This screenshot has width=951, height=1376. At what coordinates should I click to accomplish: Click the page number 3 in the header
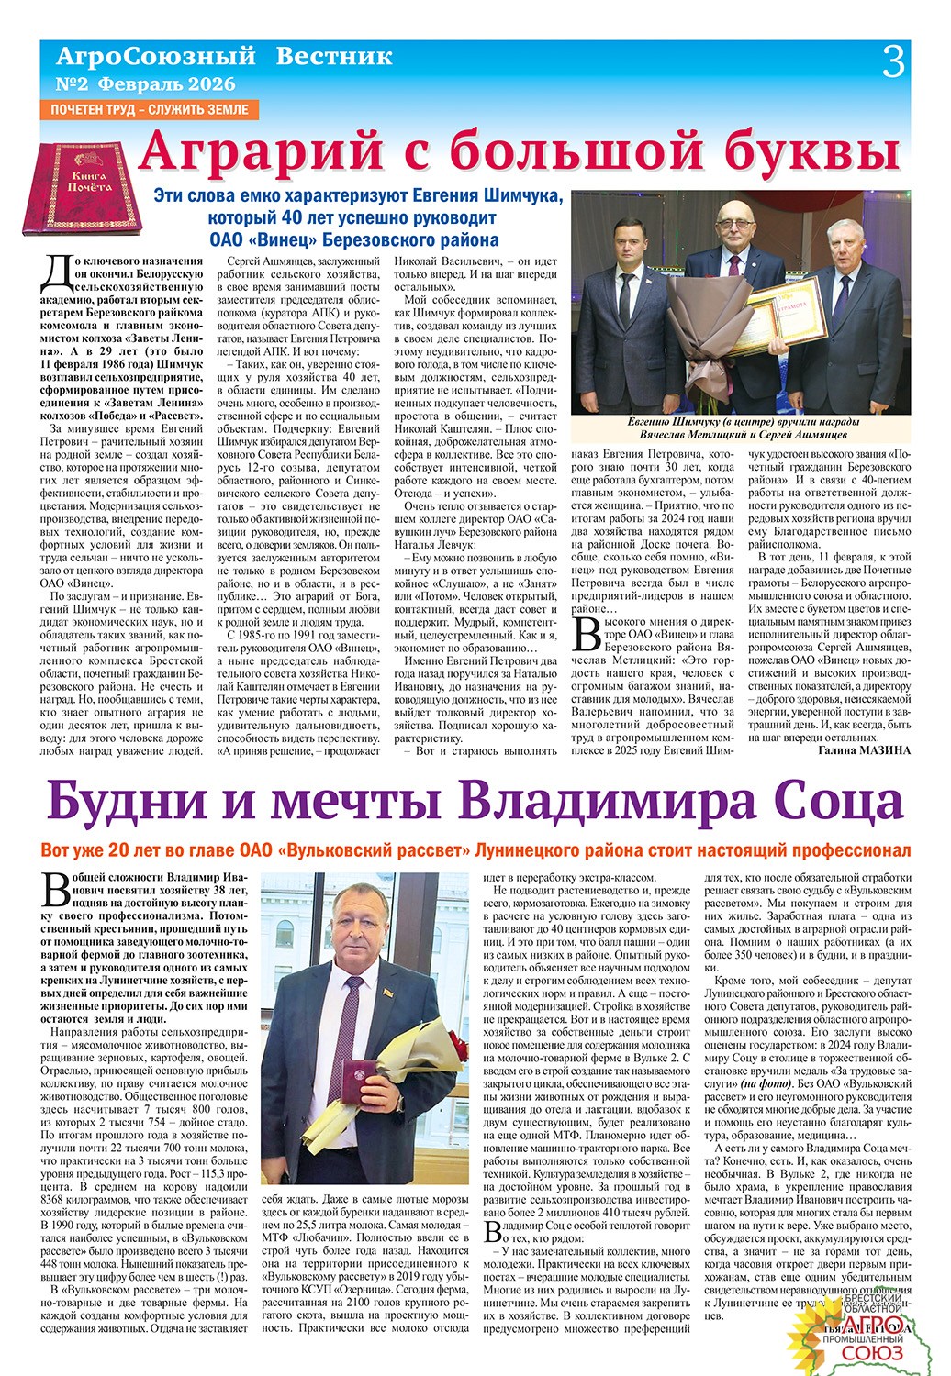(x=893, y=62)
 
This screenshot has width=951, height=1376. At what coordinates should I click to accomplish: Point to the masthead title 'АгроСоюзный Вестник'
(x=224, y=57)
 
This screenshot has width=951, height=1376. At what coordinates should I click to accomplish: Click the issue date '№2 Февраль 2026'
(x=146, y=84)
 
